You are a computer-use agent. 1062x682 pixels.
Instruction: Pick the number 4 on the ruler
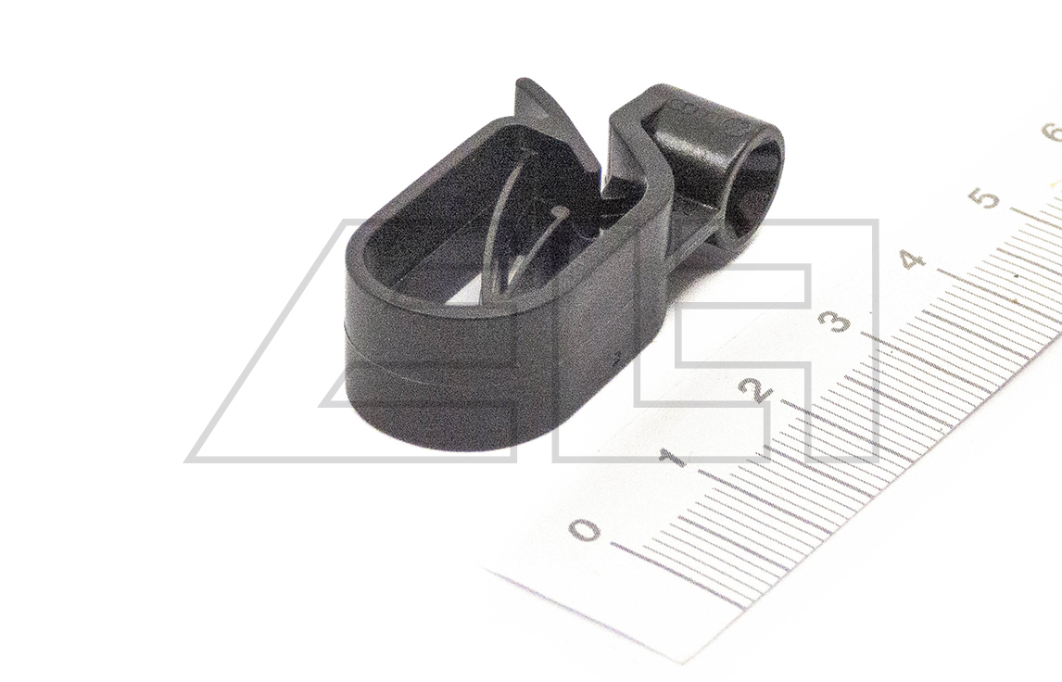click(x=913, y=259)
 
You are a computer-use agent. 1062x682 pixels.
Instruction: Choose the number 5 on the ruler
click(x=985, y=197)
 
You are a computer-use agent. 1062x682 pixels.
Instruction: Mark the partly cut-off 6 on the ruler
click(x=1054, y=133)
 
